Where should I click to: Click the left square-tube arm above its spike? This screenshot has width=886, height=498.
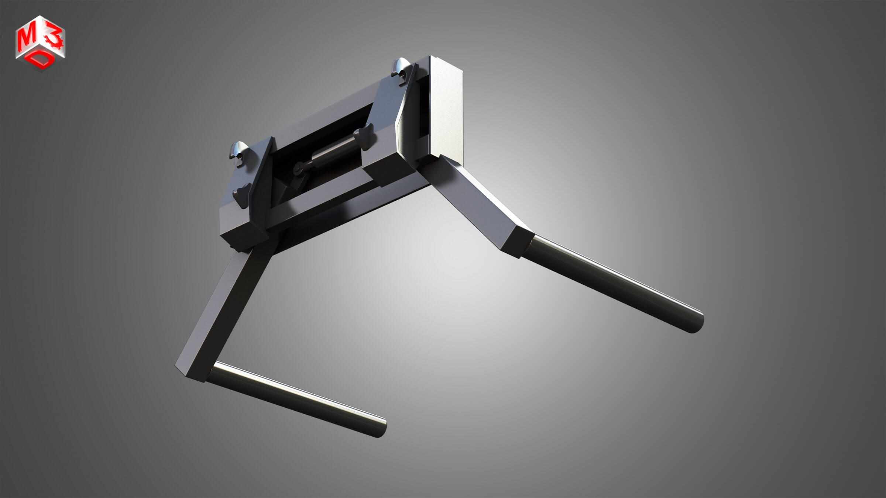221,314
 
